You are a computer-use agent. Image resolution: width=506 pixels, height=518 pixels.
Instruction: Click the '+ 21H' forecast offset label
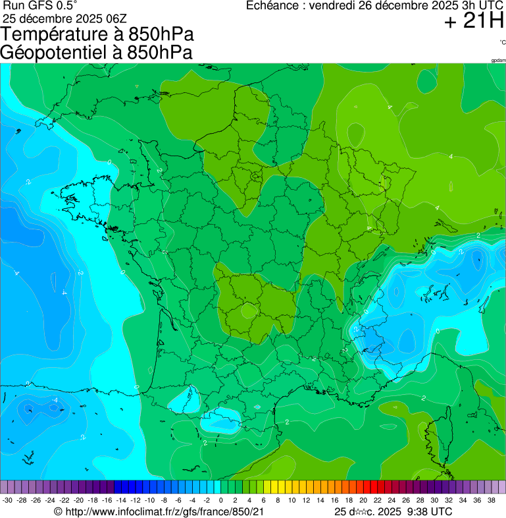[x=474, y=22]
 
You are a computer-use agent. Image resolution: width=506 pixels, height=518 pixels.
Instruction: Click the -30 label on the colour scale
[x=7, y=500]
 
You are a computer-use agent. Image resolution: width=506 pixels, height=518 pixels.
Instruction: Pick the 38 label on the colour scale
[x=491, y=500]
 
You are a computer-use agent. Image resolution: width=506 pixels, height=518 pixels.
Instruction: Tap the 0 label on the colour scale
[x=220, y=500]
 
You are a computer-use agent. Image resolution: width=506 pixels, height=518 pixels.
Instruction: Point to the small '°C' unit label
[x=502, y=42]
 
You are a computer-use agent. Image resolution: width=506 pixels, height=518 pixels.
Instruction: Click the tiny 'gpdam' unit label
[x=498, y=60]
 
